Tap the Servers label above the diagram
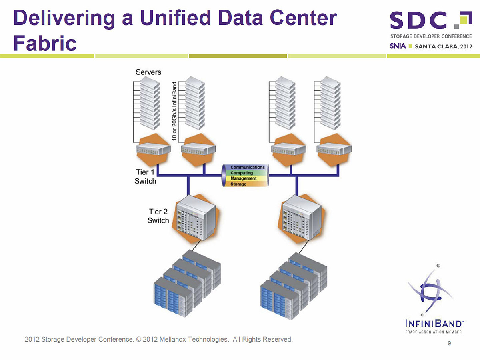tap(148, 72)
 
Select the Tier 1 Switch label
tap(145, 176)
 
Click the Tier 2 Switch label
tap(158, 216)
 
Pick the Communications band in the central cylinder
tap(247, 167)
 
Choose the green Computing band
tap(242, 173)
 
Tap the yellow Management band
tap(243, 178)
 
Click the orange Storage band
tap(238, 184)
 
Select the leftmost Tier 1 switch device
tap(153, 151)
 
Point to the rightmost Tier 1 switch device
tap(334, 151)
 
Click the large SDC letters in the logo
tap(418, 21)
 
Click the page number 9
tap(450, 343)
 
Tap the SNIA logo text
tap(398, 46)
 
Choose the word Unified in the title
tap(175, 19)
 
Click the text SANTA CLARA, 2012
tap(444, 46)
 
